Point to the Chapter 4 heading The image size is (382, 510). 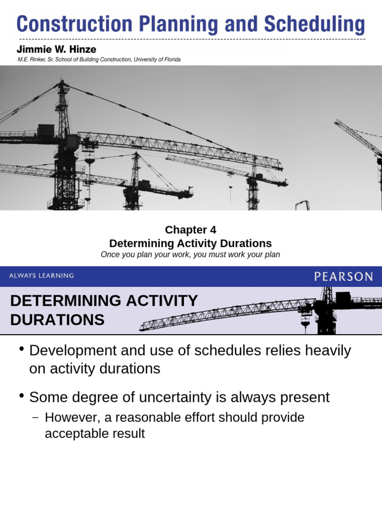coord(191,230)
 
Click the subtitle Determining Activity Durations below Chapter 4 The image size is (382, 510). coord(191,243)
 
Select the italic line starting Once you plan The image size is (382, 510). coord(191,255)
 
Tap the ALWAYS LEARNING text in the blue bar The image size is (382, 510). coord(42,275)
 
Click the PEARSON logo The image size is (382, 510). coord(343,276)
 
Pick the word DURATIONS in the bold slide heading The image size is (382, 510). coord(57,320)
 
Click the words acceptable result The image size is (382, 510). coord(95,433)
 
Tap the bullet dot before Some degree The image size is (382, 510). coord(21,395)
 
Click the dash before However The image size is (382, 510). coord(34,417)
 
